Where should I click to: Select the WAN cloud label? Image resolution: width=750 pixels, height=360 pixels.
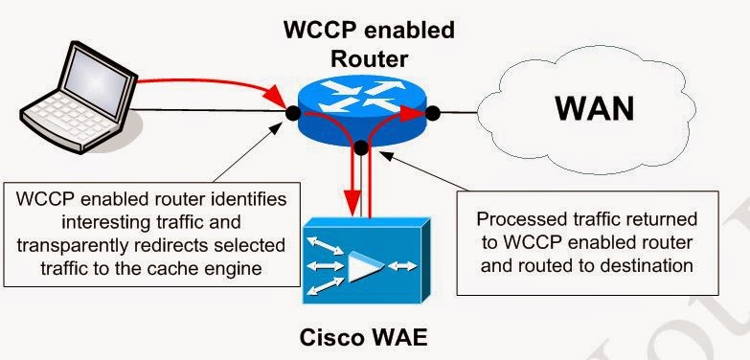(594, 108)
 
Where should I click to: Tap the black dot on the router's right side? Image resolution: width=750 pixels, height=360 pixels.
(433, 113)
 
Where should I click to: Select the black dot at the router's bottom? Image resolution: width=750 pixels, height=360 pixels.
(361, 146)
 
